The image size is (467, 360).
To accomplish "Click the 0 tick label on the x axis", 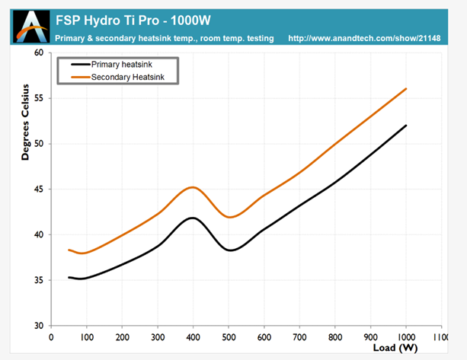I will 51,336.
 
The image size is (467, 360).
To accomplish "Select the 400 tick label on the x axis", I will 193,336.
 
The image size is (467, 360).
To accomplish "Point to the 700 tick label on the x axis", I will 299,336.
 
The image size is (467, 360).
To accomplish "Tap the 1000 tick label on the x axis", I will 405,336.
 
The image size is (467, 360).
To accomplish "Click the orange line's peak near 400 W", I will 193,187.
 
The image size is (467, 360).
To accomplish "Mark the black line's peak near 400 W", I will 193,218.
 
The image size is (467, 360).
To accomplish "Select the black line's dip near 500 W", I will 230,250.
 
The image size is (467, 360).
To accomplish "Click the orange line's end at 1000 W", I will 406,89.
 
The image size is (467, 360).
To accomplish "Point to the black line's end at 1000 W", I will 406,126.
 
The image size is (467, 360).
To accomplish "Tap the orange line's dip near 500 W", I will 230,217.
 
